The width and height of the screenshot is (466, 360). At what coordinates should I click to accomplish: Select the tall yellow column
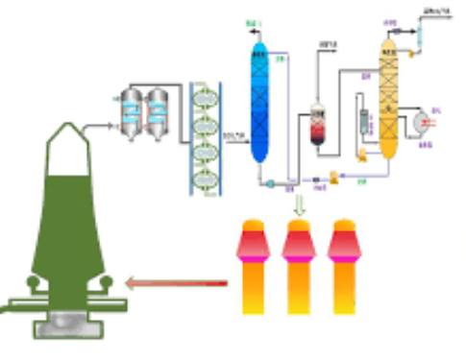click(389, 106)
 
